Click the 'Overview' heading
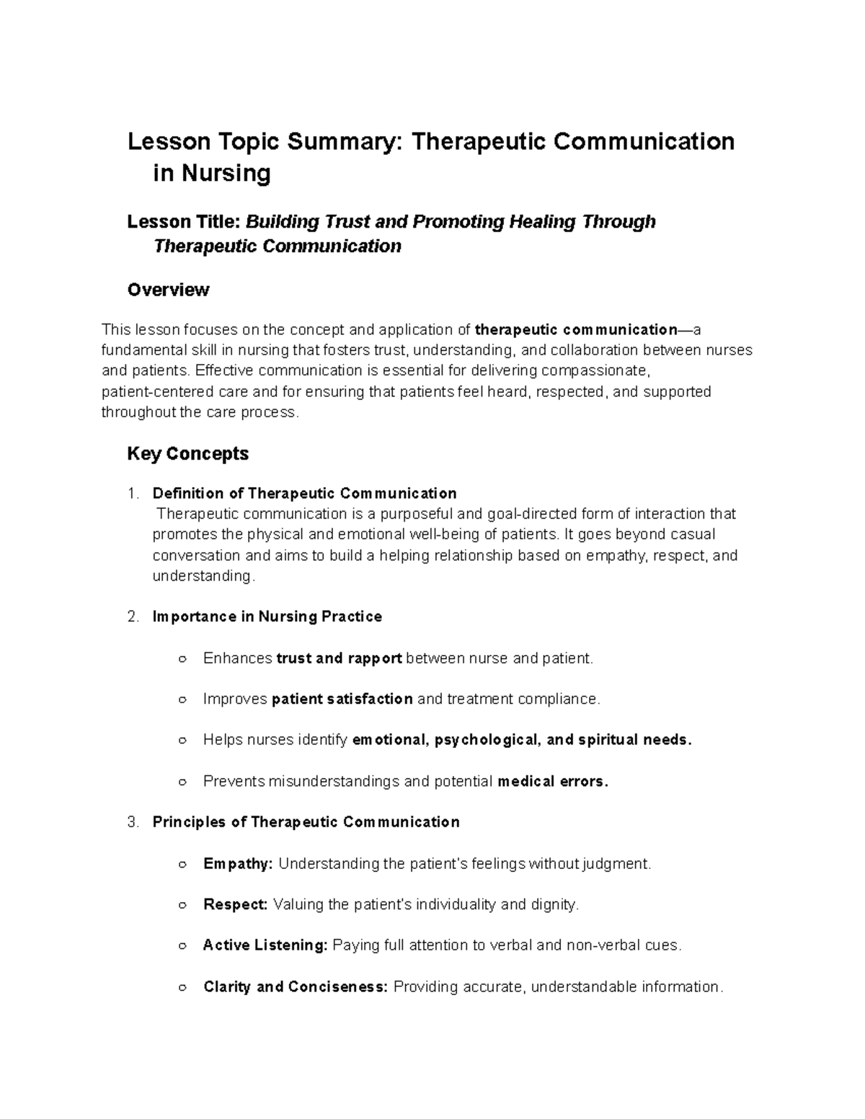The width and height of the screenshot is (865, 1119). (x=168, y=290)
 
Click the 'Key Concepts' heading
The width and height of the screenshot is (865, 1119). (x=187, y=453)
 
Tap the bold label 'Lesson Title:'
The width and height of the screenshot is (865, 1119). (x=184, y=221)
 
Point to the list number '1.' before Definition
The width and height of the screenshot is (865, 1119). (x=132, y=494)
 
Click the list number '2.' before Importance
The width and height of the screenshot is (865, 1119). (x=132, y=617)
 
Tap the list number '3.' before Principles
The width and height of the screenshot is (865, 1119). (x=132, y=822)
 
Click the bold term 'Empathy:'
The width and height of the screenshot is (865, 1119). (x=238, y=864)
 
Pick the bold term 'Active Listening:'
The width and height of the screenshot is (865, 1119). (x=265, y=945)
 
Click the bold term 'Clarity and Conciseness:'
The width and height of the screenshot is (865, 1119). (x=296, y=986)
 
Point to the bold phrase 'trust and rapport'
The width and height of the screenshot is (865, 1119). (x=339, y=659)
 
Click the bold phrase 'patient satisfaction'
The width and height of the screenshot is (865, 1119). (x=342, y=699)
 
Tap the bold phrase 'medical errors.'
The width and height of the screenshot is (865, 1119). (x=553, y=782)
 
